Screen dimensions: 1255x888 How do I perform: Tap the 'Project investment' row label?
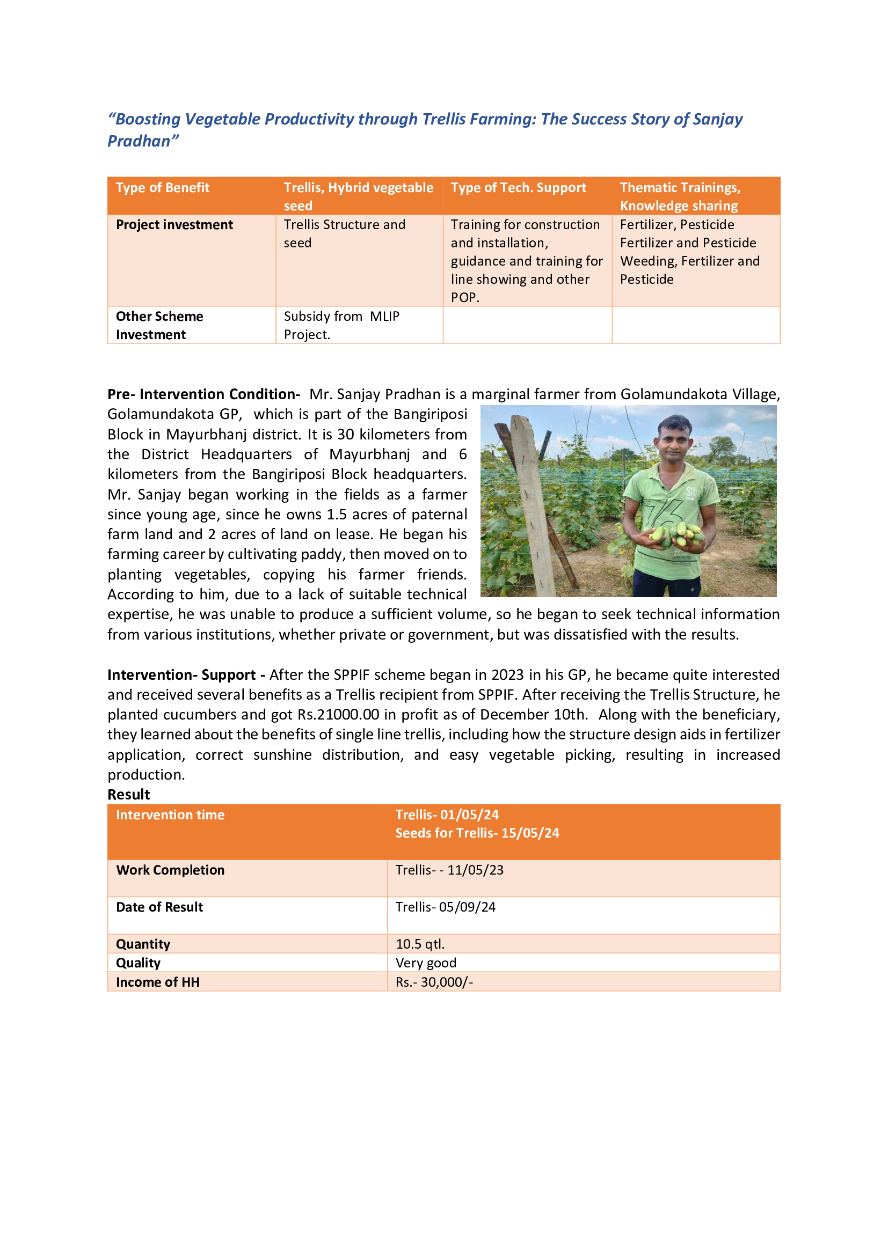174,225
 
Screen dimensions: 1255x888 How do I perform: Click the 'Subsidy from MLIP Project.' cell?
341,325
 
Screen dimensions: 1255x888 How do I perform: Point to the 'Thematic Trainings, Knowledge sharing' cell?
680,196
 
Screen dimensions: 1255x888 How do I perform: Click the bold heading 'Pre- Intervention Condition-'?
203,394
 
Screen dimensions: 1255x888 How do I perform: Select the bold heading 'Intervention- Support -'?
186,674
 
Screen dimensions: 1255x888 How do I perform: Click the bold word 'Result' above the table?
128,794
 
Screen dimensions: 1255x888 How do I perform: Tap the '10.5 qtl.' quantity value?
420,944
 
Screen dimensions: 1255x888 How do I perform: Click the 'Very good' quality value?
425,963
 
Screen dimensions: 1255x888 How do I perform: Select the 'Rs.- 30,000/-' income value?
434,982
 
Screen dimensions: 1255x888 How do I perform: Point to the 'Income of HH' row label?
157,982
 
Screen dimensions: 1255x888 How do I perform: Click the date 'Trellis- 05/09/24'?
445,907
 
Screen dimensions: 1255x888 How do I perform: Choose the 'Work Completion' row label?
170,870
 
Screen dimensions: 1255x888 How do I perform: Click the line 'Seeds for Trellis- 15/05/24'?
477,833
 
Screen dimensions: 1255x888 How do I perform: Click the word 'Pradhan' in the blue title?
139,141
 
